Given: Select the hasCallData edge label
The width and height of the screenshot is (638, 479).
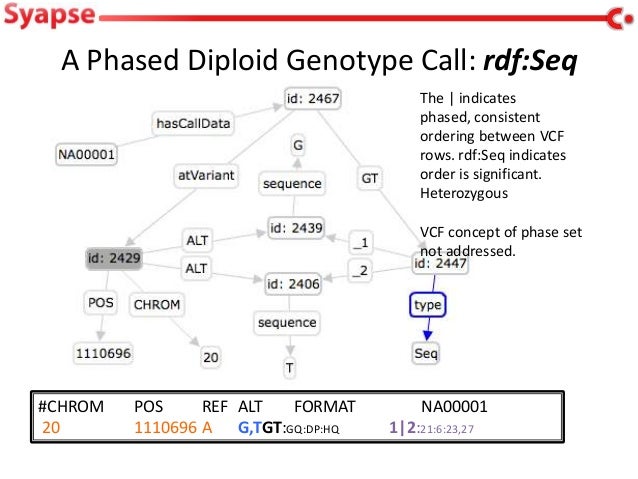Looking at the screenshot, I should (192, 124).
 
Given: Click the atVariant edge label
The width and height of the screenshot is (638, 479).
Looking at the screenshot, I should (206, 176).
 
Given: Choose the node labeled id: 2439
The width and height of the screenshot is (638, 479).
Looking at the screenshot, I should (296, 228).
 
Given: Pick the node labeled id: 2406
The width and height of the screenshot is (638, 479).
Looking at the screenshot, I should (293, 284).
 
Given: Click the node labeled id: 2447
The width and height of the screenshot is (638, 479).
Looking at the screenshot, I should (441, 263).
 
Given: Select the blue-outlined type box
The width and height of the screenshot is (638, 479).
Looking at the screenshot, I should (427, 304).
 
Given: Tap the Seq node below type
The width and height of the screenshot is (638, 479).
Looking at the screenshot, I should (426, 354).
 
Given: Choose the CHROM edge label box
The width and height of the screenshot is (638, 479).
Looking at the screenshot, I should (156, 303).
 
